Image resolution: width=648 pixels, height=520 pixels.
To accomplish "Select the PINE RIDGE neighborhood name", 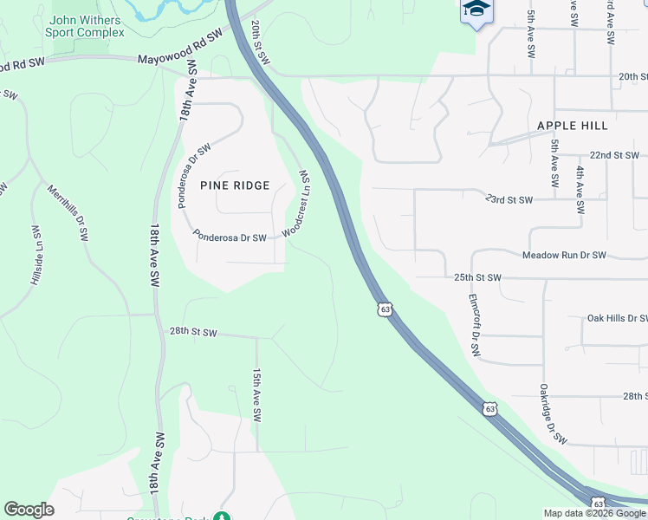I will (x=235, y=185).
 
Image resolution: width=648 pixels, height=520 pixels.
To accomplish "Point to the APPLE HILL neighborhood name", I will (x=572, y=126).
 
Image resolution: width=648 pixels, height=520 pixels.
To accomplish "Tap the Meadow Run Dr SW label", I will (x=563, y=256).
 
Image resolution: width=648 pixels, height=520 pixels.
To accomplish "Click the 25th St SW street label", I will (x=478, y=278).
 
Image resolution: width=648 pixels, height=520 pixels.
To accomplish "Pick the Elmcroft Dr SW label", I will (x=474, y=326).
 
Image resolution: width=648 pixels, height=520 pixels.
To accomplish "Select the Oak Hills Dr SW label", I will (x=617, y=318).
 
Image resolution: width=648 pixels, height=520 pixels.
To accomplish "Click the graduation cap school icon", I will (x=476, y=10).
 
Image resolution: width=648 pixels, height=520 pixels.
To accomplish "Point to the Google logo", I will (x=29, y=510).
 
